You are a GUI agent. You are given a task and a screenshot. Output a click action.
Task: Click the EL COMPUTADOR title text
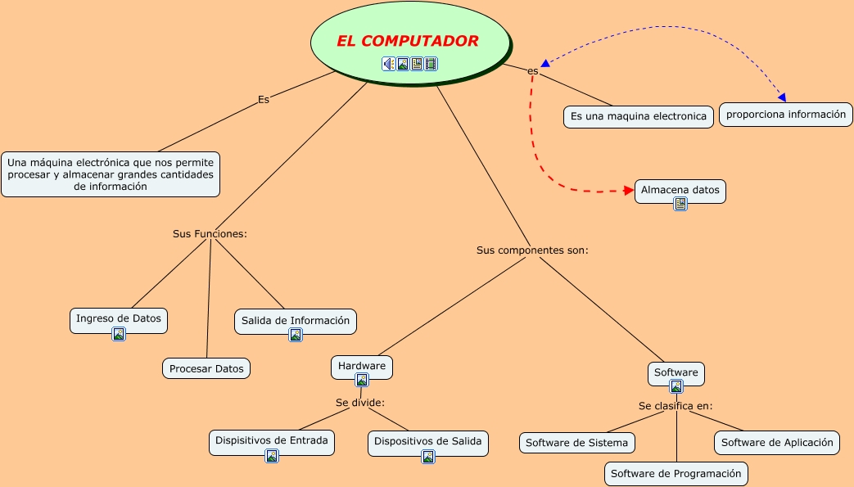coord(408,41)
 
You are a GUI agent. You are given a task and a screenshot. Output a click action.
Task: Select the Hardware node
coord(362,366)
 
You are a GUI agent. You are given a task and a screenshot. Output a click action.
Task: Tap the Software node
coord(676,372)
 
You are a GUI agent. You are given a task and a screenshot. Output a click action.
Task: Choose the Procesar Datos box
coord(206,368)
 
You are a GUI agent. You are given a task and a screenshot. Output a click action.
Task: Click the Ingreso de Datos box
coord(119,318)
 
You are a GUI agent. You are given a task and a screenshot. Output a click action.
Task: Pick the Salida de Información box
coord(296,321)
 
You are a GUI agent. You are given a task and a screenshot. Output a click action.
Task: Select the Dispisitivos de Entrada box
coord(271,440)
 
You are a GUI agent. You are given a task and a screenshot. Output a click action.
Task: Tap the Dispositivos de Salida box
coord(428,441)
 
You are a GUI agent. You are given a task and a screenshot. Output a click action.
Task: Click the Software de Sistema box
coord(576,443)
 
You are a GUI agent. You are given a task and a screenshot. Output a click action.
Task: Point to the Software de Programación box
coord(676,473)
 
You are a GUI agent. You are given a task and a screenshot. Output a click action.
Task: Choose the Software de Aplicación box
coord(777,442)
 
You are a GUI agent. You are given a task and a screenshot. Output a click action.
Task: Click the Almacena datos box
coord(680,190)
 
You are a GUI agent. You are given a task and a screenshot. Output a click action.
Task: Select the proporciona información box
coord(786,115)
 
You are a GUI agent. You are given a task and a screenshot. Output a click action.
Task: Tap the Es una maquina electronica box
coord(638,116)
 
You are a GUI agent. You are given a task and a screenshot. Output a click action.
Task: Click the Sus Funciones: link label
coord(210,233)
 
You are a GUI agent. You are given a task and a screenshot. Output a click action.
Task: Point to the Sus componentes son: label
coord(532,250)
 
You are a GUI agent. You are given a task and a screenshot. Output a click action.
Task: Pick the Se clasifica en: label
coord(676,405)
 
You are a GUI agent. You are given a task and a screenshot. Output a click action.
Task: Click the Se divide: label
coord(360,402)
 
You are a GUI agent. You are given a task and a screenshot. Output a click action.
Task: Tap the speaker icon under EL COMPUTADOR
coord(389,64)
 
